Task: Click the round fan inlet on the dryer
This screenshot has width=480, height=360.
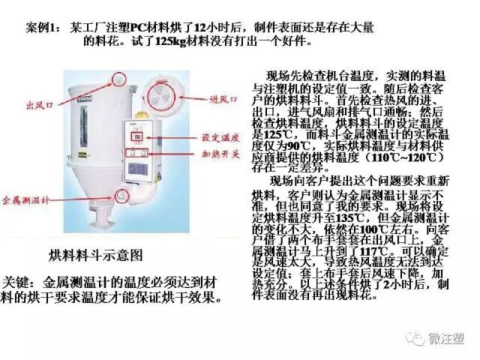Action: tap(161, 94)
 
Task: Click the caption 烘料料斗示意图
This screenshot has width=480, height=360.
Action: tap(95, 254)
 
